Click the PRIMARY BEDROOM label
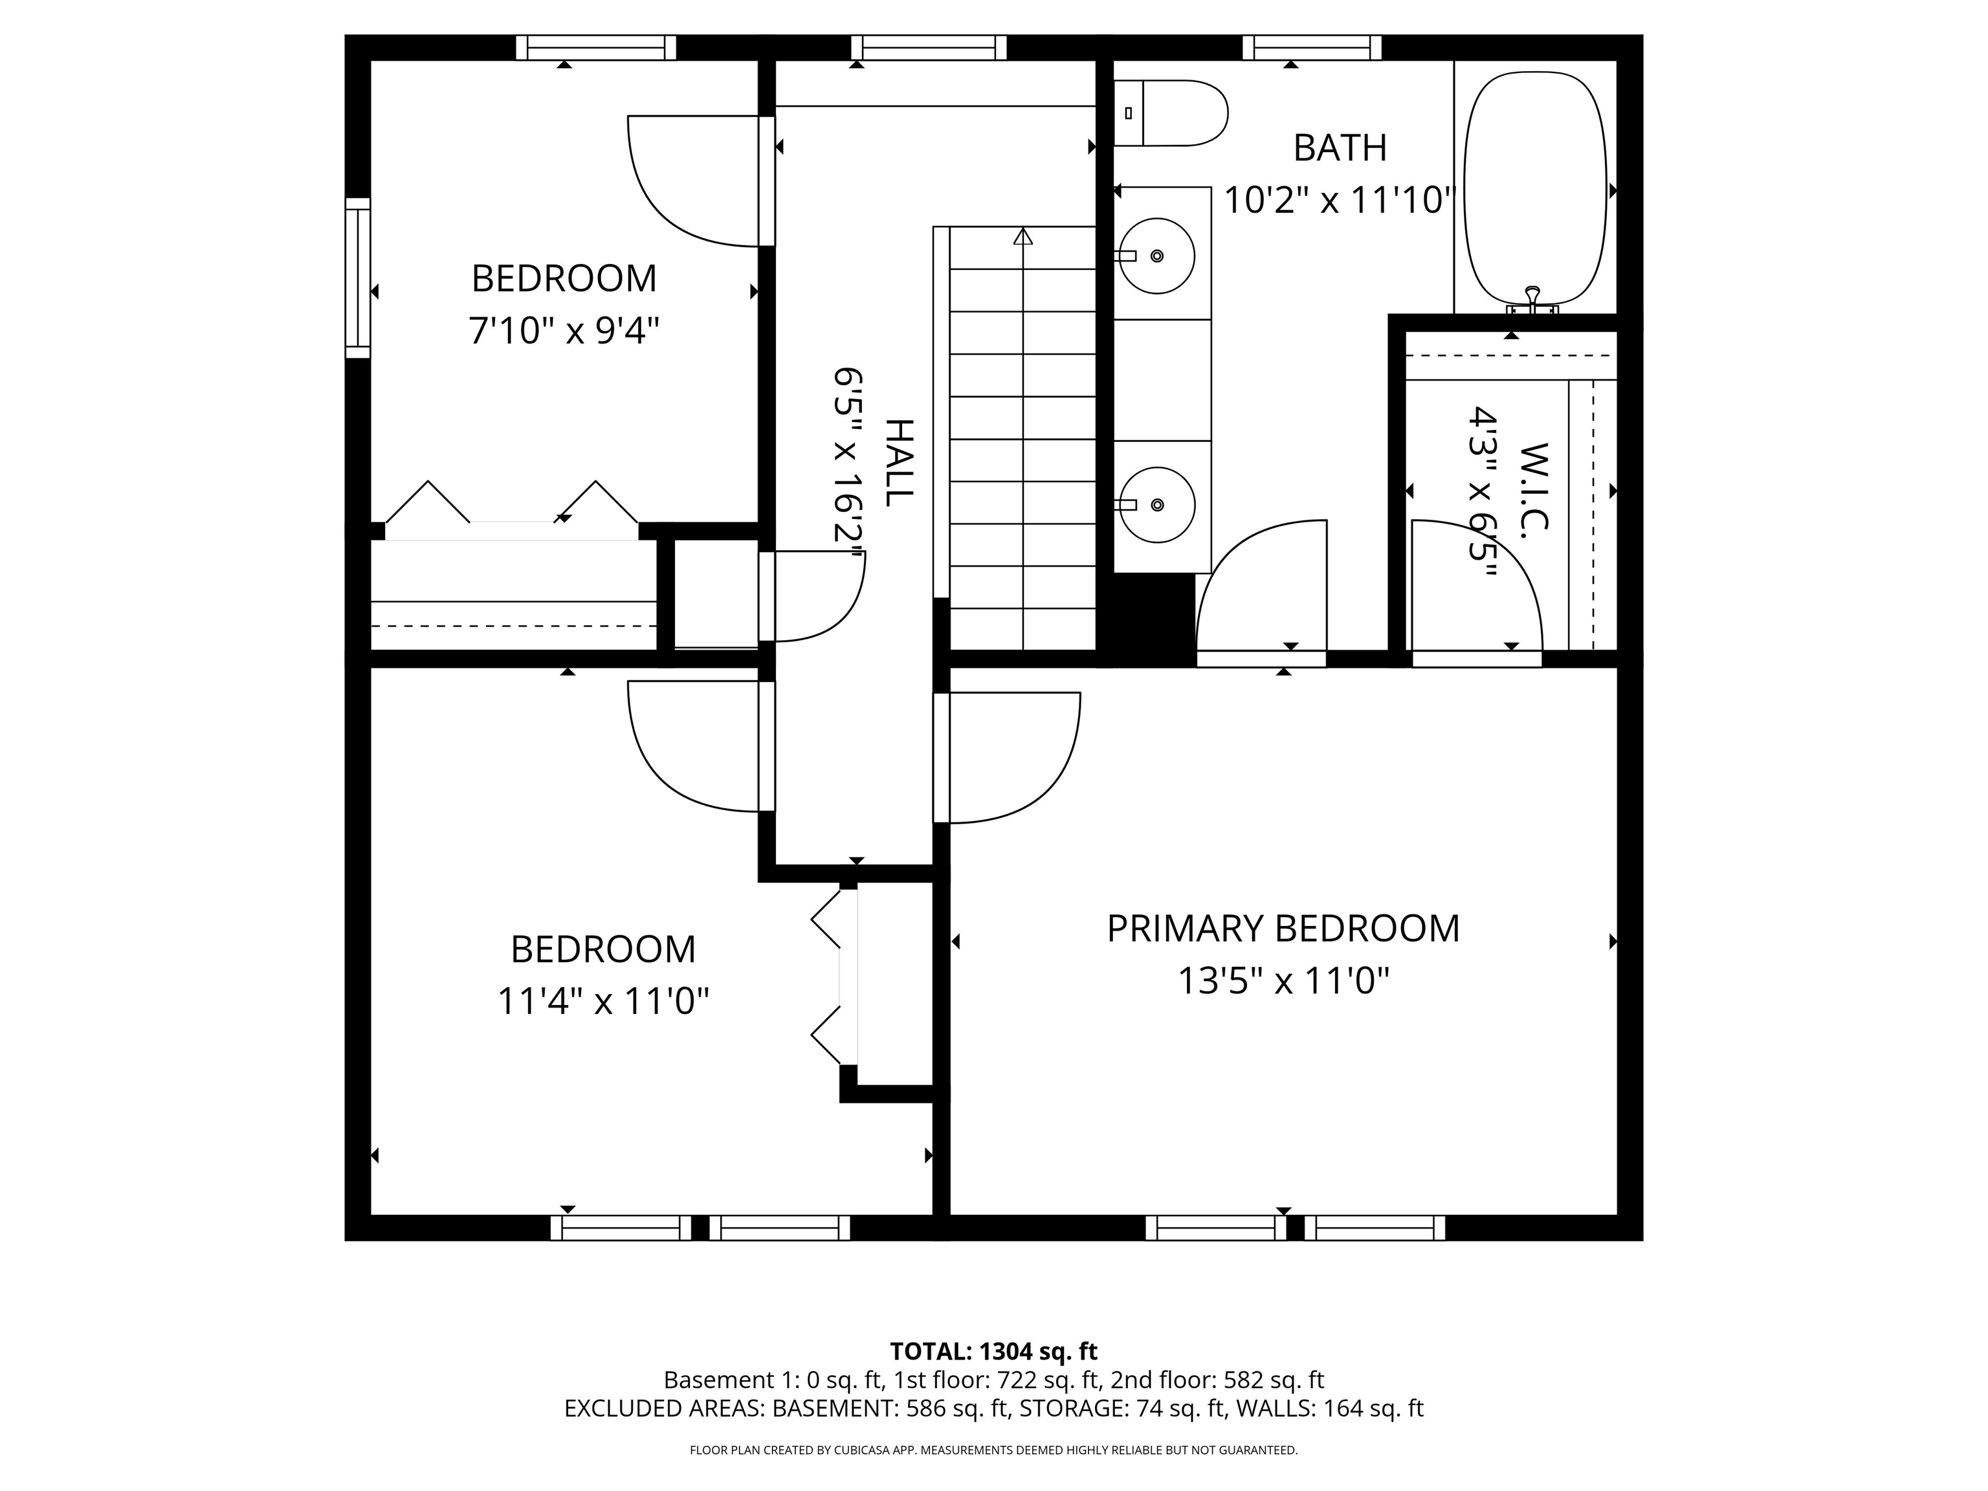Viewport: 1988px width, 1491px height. tap(1283, 929)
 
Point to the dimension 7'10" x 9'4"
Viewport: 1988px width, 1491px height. tap(564, 331)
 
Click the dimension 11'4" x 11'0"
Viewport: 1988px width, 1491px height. tap(603, 1001)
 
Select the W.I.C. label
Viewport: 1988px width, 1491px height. tap(1535, 491)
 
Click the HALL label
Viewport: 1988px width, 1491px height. tap(900, 462)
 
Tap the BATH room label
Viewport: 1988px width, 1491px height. tap(1339, 148)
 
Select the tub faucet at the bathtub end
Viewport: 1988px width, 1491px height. tap(1532, 301)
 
